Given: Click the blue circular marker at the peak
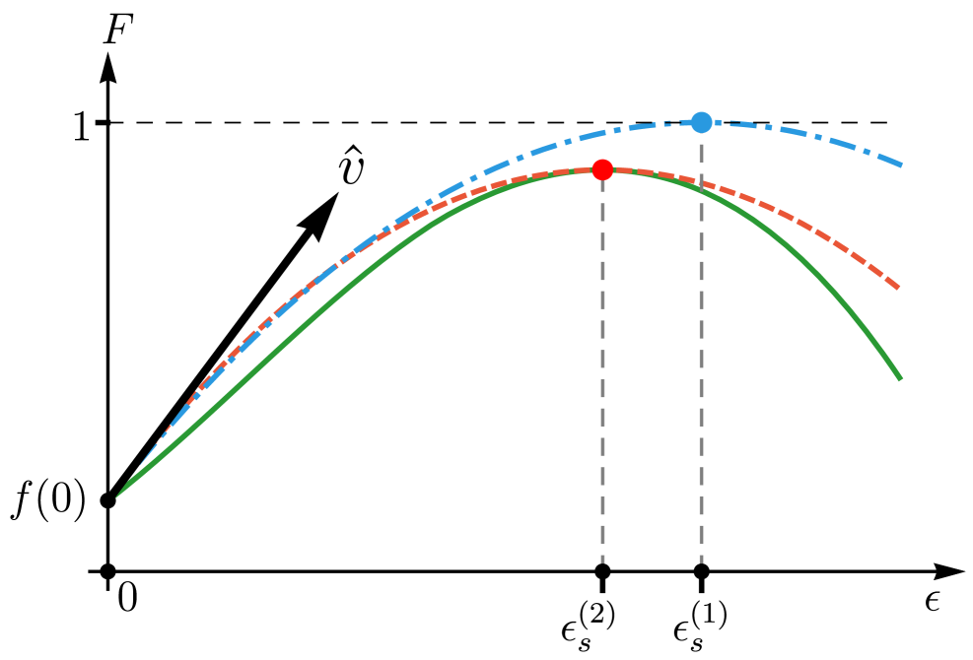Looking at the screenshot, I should (x=701, y=122).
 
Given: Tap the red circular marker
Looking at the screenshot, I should (x=602, y=169).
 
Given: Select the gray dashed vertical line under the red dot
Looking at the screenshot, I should (x=602, y=374).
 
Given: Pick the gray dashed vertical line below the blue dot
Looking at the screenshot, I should (x=701, y=374).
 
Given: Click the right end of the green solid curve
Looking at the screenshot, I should (x=899, y=377).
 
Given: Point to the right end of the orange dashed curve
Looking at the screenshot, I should (x=898, y=288).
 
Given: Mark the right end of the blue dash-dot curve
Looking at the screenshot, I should (x=901, y=165).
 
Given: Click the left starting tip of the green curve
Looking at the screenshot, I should (x=117, y=496).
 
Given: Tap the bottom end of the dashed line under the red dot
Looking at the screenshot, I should (x=602, y=561).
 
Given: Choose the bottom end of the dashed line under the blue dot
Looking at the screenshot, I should (x=701, y=561).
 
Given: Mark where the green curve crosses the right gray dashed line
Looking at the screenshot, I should (x=701, y=189).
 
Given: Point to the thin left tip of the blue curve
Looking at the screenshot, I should (x=143, y=463).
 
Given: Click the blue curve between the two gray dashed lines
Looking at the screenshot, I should (x=651, y=125).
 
